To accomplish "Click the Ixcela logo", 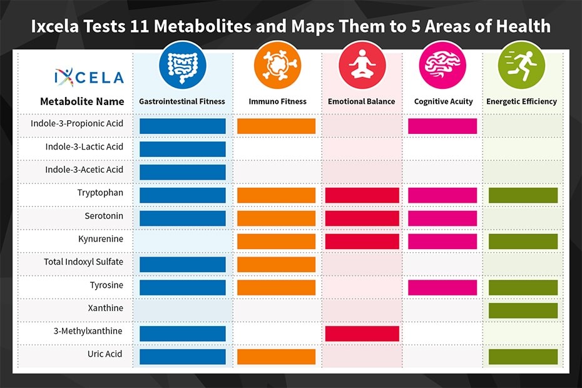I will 89,76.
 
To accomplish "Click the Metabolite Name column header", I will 82,101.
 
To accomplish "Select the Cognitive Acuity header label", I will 443,101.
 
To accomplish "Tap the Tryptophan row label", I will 100,193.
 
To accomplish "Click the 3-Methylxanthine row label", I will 89,331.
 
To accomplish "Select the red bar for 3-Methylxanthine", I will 362,334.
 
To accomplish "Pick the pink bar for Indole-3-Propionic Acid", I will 442,126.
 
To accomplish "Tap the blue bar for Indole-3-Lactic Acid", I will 182,149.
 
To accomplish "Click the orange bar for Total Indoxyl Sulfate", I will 276,264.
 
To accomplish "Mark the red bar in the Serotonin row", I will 362,218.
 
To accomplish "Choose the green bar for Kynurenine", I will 523,241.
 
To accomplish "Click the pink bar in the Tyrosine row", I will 442,287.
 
